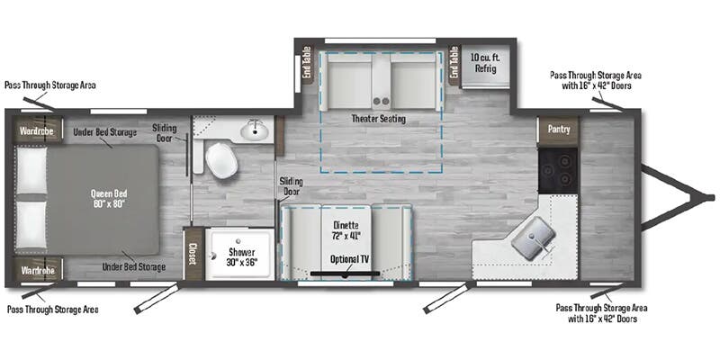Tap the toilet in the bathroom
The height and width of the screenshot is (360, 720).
(220, 161)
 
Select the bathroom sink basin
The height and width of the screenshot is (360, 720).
(255, 131)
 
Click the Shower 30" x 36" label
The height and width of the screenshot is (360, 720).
(240, 256)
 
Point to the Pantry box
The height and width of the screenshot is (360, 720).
(558, 130)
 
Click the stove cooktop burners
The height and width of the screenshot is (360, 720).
(557, 168)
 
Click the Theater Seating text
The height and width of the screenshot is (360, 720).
(378, 119)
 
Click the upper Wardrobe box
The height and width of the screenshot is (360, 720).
(34, 130)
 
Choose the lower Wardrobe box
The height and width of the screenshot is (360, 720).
(34, 269)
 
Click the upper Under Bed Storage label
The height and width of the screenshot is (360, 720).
(105, 132)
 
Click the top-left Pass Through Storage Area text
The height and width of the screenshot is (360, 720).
(49, 85)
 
